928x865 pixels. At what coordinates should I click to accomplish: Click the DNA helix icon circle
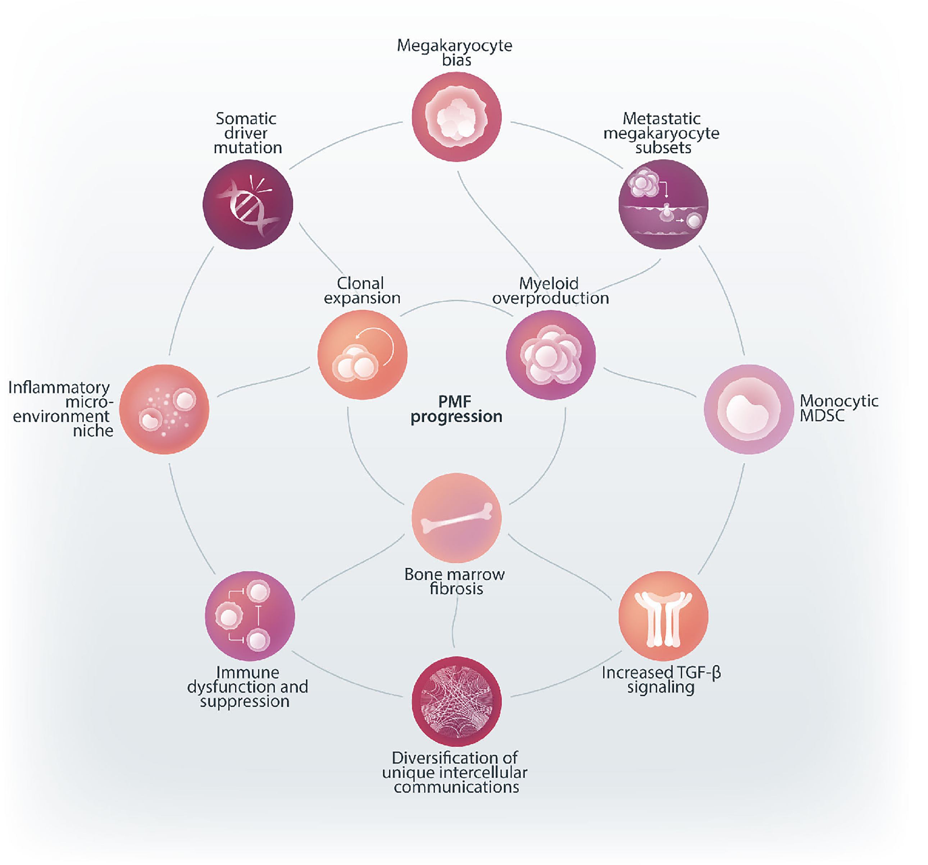(248, 204)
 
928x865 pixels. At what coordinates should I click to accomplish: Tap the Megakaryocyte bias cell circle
(456, 117)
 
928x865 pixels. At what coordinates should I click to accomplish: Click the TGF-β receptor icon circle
(663, 616)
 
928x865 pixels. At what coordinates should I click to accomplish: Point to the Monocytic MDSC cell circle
(749, 409)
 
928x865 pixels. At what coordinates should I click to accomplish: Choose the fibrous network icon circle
(456, 701)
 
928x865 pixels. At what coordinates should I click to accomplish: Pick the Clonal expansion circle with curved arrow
(362, 355)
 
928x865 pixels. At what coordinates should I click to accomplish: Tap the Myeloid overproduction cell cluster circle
(551, 355)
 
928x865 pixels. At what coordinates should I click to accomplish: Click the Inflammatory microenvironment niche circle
(164, 409)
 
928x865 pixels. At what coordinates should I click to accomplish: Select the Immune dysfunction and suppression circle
(250, 616)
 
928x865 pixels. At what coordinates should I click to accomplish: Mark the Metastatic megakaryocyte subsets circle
(663, 204)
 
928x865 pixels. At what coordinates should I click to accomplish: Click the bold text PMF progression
(456, 409)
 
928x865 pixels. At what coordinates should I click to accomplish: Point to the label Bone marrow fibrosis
(455, 581)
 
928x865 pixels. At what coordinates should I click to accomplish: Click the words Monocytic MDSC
(838, 408)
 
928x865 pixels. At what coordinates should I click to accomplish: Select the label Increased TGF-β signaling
(661, 680)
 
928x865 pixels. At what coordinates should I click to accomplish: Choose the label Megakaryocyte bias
(455, 52)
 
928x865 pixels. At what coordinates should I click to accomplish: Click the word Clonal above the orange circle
(360, 283)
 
